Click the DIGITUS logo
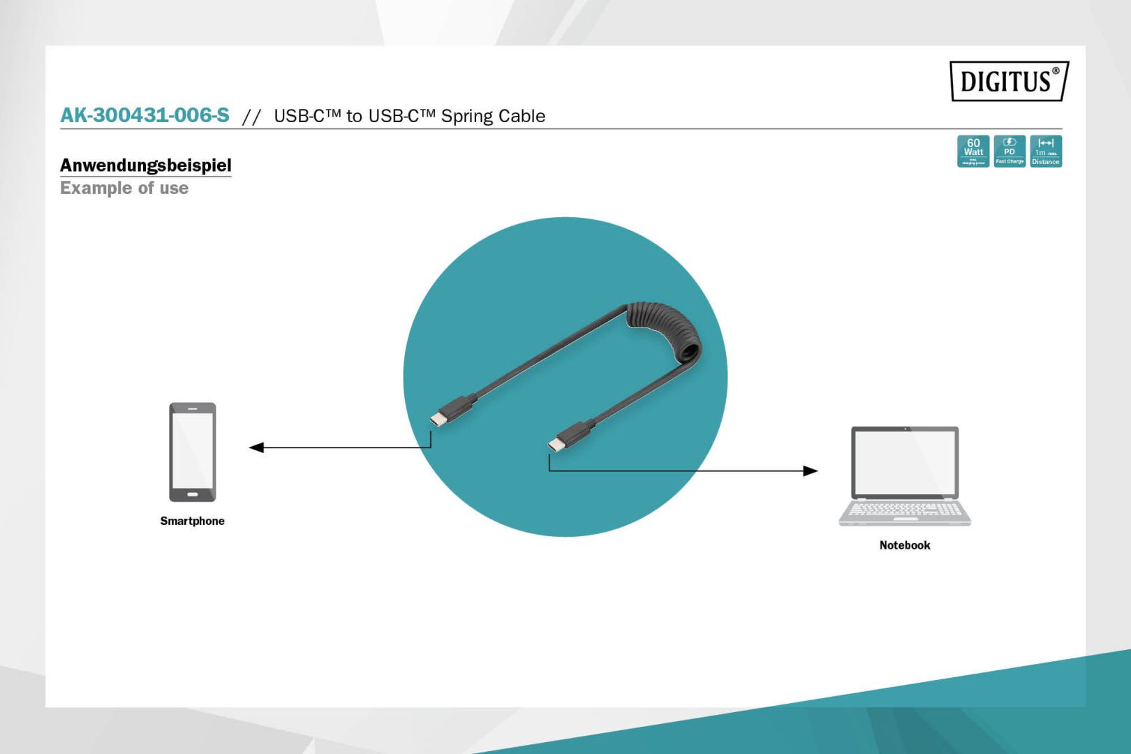point(1009,81)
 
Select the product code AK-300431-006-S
point(145,115)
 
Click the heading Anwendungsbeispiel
point(145,165)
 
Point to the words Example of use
point(124,188)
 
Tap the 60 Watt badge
point(973,151)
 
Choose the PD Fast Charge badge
point(1010,151)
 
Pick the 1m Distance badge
point(1046,151)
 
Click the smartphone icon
point(193,452)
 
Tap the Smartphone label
point(192,521)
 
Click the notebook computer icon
point(905,475)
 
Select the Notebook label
point(905,545)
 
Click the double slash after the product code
point(251,117)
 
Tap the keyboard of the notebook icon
point(905,510)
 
